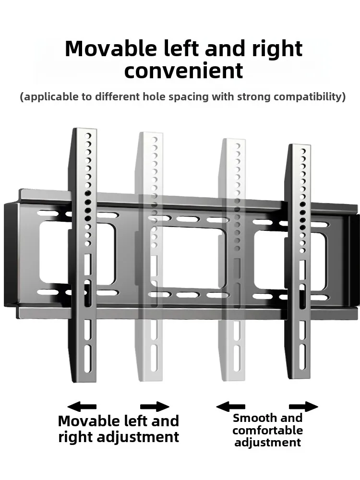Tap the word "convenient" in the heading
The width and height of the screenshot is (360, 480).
tap(184, 71)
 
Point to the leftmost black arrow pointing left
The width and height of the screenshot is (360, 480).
tap(82, 407)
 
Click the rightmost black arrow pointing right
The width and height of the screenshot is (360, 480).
tap(303, 407)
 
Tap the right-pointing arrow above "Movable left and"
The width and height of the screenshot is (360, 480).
tap(155, 407)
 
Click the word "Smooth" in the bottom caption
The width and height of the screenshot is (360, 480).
tap(252, 418)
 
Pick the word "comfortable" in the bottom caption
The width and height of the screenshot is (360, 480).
tap(268, 430)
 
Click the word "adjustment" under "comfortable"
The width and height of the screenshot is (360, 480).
tap(268, 442)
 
